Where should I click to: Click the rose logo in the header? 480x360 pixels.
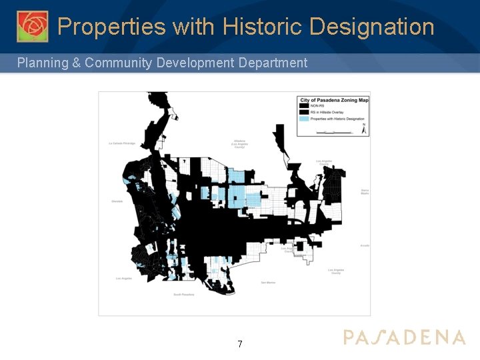pyautogui.click(x=32, y=27)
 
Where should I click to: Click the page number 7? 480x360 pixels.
pyautogui.click(x=240, y=344)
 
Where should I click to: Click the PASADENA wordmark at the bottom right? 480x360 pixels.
pyautogui.click(x=404, y=337)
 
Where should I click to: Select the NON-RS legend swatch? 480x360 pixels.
pyautogui.click(x=304, y=105)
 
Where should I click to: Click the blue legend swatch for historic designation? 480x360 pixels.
pyautogui.click(x=304, y=119)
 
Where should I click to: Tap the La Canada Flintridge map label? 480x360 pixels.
pyautogui.click(x=122, y=143)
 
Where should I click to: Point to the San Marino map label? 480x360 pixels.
pyautogui.click(x=267, y=283)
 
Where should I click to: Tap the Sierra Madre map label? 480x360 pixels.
pyautogui.click(x=365, y=191)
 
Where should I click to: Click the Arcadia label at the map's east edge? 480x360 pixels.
pyautogui.click(x=364, y=245)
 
